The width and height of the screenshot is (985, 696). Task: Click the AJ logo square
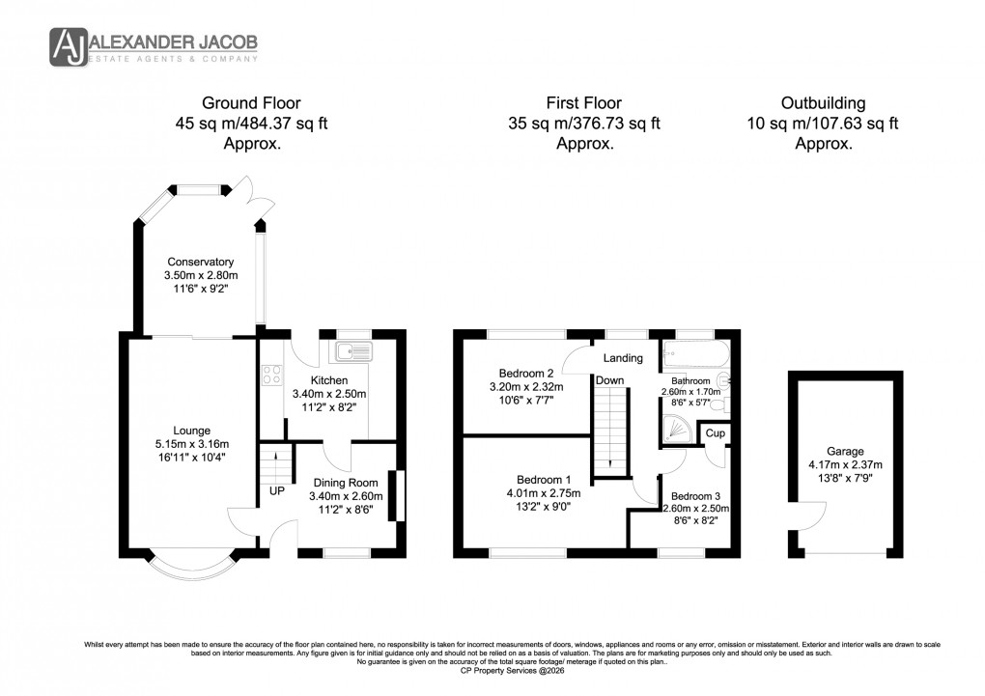69,45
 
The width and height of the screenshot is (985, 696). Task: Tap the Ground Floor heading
251,102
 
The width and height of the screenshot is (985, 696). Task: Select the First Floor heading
583,102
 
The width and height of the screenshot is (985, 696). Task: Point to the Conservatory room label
201,262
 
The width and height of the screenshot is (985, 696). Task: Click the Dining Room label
345,484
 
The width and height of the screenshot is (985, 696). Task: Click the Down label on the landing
609,380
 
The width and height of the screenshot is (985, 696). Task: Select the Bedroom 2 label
525,374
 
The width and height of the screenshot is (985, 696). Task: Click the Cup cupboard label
715,433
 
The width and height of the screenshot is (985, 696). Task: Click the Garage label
845,451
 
